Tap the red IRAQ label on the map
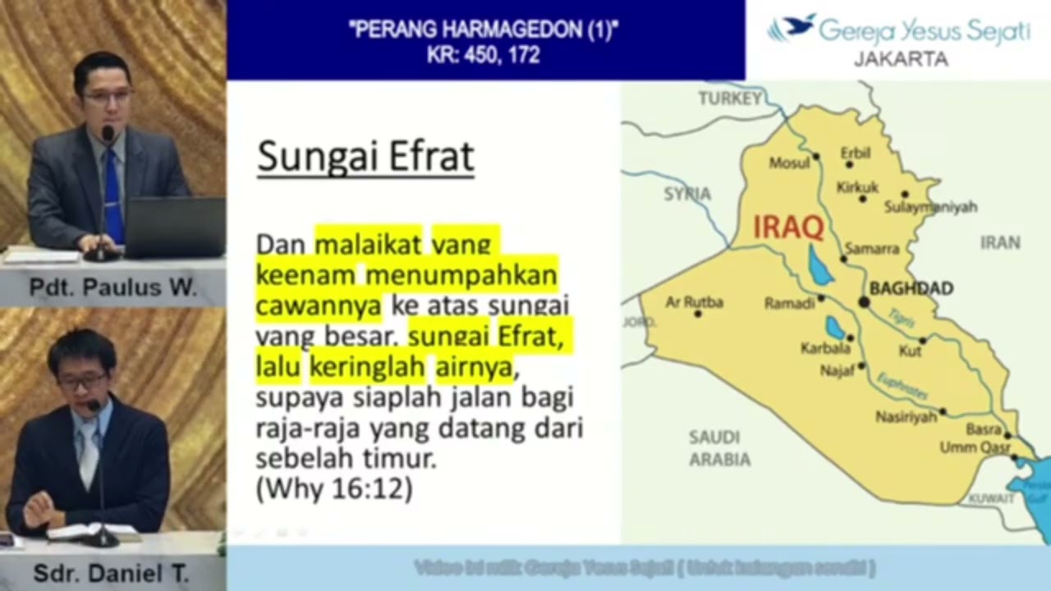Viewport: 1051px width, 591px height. click(788, 227)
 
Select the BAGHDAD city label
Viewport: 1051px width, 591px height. click(911, 288)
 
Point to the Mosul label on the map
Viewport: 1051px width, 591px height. click(788, 163)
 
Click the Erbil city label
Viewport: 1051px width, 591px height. click(855, 153)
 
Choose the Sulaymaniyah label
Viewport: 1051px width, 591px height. click(930, 208)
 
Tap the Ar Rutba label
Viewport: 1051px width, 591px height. click(694, 302)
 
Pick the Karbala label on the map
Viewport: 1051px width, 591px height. click(824, 348)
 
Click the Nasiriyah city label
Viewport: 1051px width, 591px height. click(906, 417)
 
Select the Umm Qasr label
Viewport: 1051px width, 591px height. click(975, 447)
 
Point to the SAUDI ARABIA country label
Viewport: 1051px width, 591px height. click(719, 448)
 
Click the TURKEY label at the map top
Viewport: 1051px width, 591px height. click(730, 98)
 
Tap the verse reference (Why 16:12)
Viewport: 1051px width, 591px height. click(334, 489)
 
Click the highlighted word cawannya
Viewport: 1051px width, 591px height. click(319, 305)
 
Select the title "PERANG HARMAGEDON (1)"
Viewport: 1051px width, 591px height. click(484, 31)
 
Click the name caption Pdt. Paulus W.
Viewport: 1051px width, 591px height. click(112, 287)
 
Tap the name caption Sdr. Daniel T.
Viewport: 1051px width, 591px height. click(111, 573)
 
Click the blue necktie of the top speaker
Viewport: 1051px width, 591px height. click(113, 197)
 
